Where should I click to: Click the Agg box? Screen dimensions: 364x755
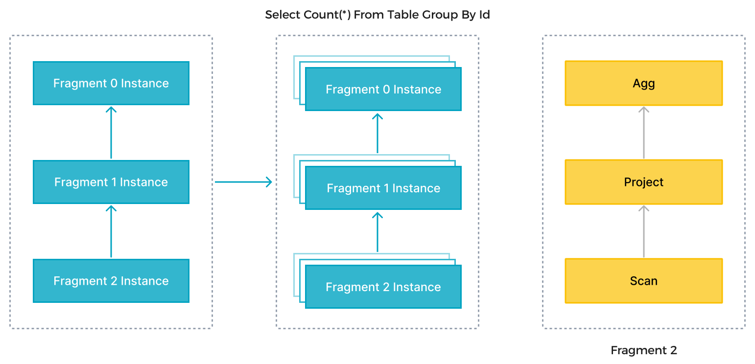643,83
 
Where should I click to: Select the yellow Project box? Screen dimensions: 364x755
643,182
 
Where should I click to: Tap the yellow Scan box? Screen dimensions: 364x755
643,281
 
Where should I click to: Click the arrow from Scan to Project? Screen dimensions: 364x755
643,231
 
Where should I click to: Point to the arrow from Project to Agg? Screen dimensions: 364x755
643,133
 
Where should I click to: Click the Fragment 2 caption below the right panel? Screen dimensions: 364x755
643,350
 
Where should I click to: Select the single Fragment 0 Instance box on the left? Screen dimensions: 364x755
111,83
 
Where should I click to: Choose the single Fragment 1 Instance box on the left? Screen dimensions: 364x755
111,182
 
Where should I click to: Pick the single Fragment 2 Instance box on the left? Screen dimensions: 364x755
111,281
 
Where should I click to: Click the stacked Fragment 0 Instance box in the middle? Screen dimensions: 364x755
383,90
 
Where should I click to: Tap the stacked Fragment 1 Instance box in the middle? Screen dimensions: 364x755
383,188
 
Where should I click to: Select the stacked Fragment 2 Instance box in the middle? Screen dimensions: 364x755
383,287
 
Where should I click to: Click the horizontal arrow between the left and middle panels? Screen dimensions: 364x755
243,182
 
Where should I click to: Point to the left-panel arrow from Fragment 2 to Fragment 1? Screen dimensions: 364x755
111,231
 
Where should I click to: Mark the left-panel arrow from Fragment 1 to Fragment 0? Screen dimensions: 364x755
111,133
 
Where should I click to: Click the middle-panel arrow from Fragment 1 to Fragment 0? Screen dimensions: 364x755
377,134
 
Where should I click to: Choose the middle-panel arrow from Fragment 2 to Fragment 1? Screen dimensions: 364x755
377,232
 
